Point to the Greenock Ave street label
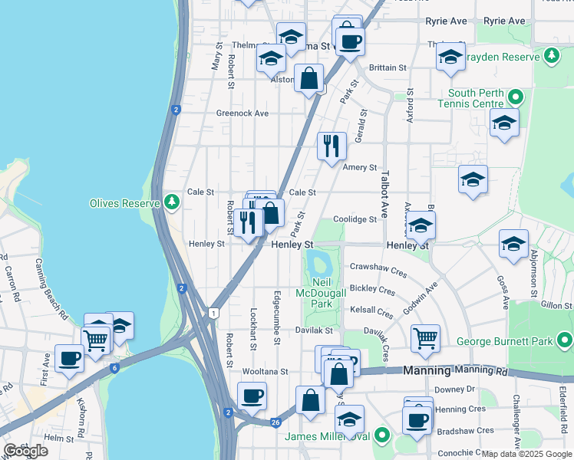click(242, 113)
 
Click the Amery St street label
click(361, 167)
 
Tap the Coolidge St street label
click(355, 219)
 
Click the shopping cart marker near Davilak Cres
click(425, 337)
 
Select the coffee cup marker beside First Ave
click(69, 358)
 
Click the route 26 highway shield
click(275, 421)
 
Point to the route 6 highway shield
click(114, 368)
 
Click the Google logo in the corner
click(25, 451)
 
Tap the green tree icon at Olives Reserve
click(173, 202)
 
